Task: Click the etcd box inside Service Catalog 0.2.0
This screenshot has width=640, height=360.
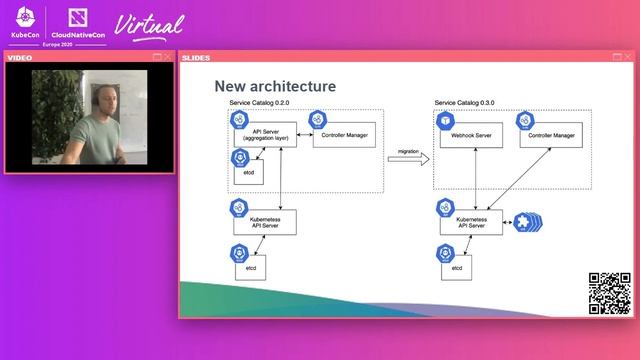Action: click(248, 171)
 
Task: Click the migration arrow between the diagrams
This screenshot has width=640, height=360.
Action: click(408, 158)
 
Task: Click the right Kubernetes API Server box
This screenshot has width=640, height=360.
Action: click(470, 221)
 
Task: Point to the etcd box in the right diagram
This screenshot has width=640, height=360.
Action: click(456, 268)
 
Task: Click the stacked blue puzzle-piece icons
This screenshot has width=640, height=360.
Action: click(526, 221)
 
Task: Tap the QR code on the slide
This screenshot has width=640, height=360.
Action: click(608, 292)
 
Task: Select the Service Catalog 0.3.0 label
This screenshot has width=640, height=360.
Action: click(464, 103)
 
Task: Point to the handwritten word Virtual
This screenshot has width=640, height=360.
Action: click(150, 24)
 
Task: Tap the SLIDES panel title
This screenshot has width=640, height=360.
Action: click(197, 57)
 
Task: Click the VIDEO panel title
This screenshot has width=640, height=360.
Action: click(20, 57)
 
